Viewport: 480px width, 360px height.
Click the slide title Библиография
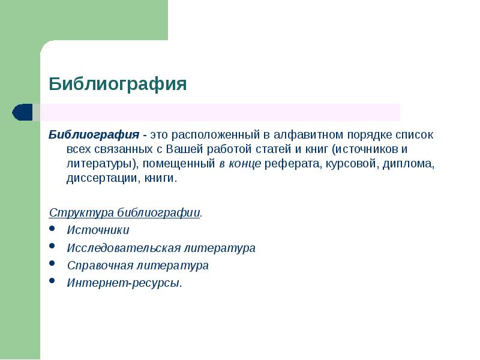(x=118, y=83)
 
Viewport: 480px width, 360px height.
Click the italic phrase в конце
(x=239, y=163)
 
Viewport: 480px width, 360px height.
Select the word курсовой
(x=347, y=163)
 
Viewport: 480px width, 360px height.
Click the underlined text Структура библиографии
(x=124, y=213)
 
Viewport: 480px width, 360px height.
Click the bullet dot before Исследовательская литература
(x=53, y=246)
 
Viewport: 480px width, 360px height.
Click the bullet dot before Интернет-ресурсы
(x=53, y=281)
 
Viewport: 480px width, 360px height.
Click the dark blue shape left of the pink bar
(x=22, y=112)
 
